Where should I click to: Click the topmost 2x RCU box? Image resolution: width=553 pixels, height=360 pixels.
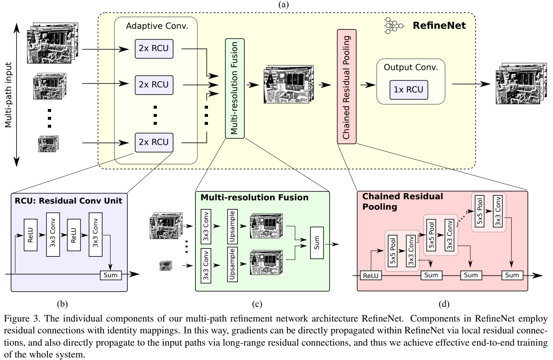[x=154, y=49]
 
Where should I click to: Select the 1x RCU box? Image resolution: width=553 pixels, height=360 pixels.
[x=409, y=90]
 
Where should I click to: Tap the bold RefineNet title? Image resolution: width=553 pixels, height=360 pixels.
[x=439, y=26]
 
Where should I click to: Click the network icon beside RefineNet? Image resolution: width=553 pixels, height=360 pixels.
[x=393, y=26]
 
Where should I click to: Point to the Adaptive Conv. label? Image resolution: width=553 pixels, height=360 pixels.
[x=157, y=26]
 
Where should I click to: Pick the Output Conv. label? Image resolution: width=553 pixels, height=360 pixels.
[x=411, y=67]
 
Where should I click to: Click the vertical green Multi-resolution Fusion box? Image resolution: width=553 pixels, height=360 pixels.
[x=235, y=88]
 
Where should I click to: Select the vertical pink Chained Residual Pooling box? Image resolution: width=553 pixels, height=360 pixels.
[x=346, y=87]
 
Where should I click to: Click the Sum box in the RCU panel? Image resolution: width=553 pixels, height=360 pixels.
[x=110, y=275]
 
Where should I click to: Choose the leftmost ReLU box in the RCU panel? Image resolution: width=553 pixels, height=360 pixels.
[x=31, y=235]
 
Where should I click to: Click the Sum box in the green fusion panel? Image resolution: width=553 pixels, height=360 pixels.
[x=317, y=243]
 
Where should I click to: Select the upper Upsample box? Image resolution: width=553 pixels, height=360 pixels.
[x=232, y=226]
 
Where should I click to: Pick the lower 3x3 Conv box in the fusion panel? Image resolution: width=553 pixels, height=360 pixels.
[x=206, y=265]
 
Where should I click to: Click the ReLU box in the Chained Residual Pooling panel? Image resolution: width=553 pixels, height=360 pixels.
[x=371, y=276]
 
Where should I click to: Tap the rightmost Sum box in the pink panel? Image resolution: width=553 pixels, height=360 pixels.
[x=512, y=275]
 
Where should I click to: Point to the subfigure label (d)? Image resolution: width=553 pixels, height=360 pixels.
[x=444, y=304]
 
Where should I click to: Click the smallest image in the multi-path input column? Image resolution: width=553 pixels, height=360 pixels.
[x=48, y=144]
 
